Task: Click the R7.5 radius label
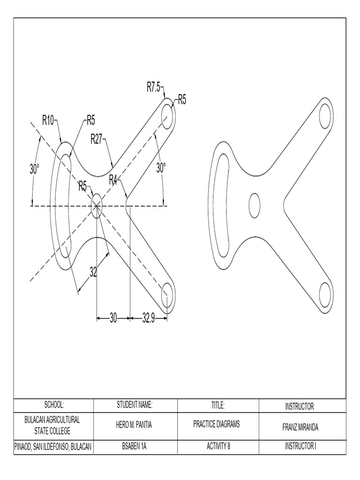click(x=154, y=87)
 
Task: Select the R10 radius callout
click(x=48, y=120)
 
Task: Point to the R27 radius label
click(x=97, y=139)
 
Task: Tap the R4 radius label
click(x=113, y=180)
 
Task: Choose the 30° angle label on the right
click(x=161, y=168)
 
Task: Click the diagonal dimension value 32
click(x=94, y=271)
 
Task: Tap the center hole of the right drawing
click(x=255, y=205)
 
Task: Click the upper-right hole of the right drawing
click(x=325, y=117)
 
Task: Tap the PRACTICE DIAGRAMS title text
click(x=217, y=425)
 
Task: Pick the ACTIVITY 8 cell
click(x=217, y=446)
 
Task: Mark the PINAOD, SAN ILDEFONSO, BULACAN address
click(x=53, y=447)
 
